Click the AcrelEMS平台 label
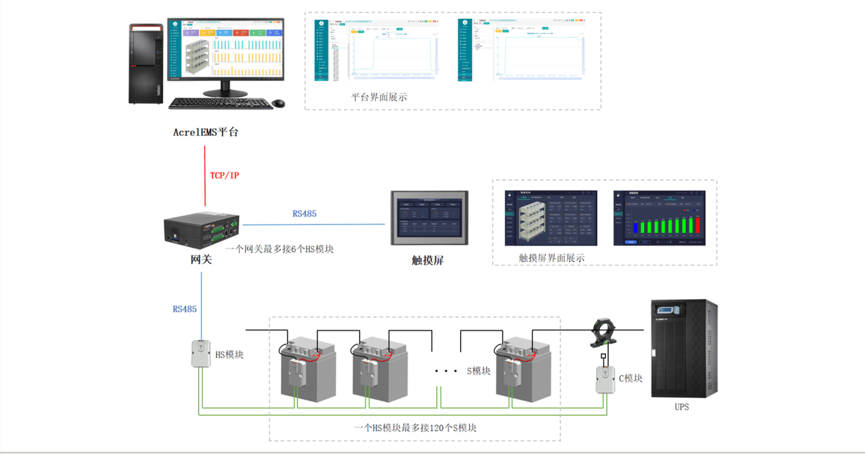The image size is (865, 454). point(206,132)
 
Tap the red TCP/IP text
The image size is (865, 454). point(225,175)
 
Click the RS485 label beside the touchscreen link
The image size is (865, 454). point(304,214)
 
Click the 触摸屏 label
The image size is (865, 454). point(427,260)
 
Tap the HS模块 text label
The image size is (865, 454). point(229,355)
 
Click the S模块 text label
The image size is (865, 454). point(479,371)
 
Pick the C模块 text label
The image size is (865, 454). point(631,378)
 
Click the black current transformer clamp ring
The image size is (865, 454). point(605,330)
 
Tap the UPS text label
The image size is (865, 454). point(681,406)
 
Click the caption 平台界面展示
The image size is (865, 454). point(379,97)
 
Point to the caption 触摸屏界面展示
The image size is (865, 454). point(552,257)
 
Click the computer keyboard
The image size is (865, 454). point(217,104)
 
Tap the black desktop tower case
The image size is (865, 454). point(146,64)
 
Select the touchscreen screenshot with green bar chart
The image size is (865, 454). point(659,218)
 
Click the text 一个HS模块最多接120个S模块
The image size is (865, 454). point(415,428)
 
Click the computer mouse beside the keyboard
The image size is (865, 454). point(277,104)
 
